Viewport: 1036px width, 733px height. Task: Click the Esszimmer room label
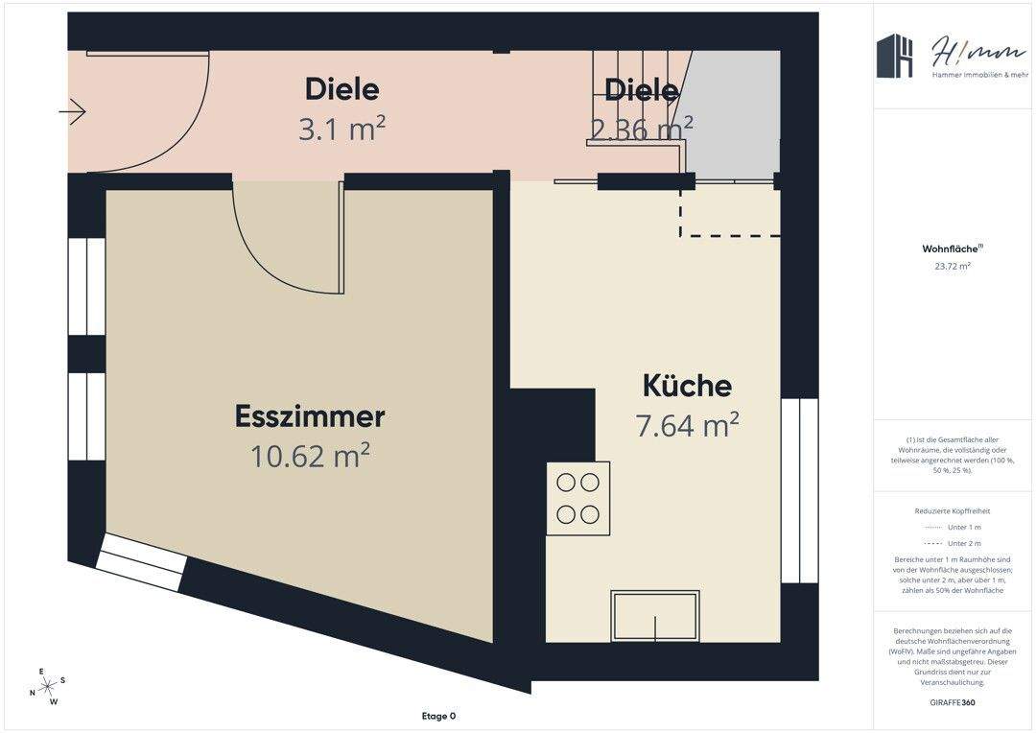point(310,417)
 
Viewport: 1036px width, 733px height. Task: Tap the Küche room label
point(687,386)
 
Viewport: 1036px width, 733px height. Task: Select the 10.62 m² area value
point(310,456)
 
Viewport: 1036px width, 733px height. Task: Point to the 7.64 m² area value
point(687,424)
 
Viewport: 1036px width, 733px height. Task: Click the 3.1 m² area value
point(341,128)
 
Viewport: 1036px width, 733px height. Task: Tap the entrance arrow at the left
point(72,112)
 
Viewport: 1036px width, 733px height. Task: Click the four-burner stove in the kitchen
point(578,498)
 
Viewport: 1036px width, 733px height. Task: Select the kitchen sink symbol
point(656,616)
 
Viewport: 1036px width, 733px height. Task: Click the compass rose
point(48,685)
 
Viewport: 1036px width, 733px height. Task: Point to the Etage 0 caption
point(438,716)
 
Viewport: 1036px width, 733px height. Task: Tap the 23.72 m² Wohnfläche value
point(953,267)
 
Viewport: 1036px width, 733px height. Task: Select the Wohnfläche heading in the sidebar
point(952,248)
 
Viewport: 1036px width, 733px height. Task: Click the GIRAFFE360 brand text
point(953,703)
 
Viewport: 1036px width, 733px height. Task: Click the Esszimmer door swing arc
point(278,259)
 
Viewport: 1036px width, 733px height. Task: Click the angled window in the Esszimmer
point(142,563)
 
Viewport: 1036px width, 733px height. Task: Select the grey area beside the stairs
point(733,115)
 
